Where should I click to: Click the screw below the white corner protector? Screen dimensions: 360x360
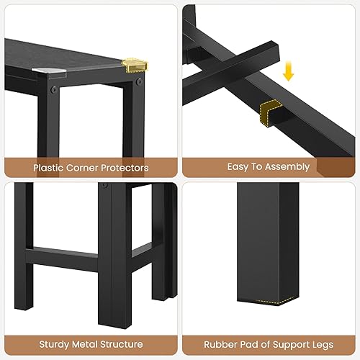click(52, 91)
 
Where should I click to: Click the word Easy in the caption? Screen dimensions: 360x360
click(238, 167)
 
